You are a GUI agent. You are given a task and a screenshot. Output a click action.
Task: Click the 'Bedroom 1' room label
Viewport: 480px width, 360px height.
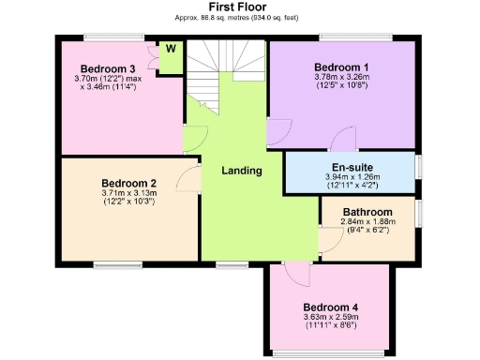(340, 67)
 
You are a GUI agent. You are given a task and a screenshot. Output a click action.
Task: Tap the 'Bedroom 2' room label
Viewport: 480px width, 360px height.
(128, 183)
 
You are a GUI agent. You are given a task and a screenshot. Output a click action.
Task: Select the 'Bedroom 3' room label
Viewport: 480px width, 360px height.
(108, 68)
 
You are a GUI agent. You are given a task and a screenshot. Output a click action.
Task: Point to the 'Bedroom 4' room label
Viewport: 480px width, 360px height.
(330, 307)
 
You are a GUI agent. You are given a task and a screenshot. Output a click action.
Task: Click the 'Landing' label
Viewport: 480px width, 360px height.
(241, 171)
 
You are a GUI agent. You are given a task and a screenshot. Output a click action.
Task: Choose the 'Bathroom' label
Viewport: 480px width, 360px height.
(367, 212)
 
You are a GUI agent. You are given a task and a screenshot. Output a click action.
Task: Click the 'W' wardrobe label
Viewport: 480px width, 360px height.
(171, 48)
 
